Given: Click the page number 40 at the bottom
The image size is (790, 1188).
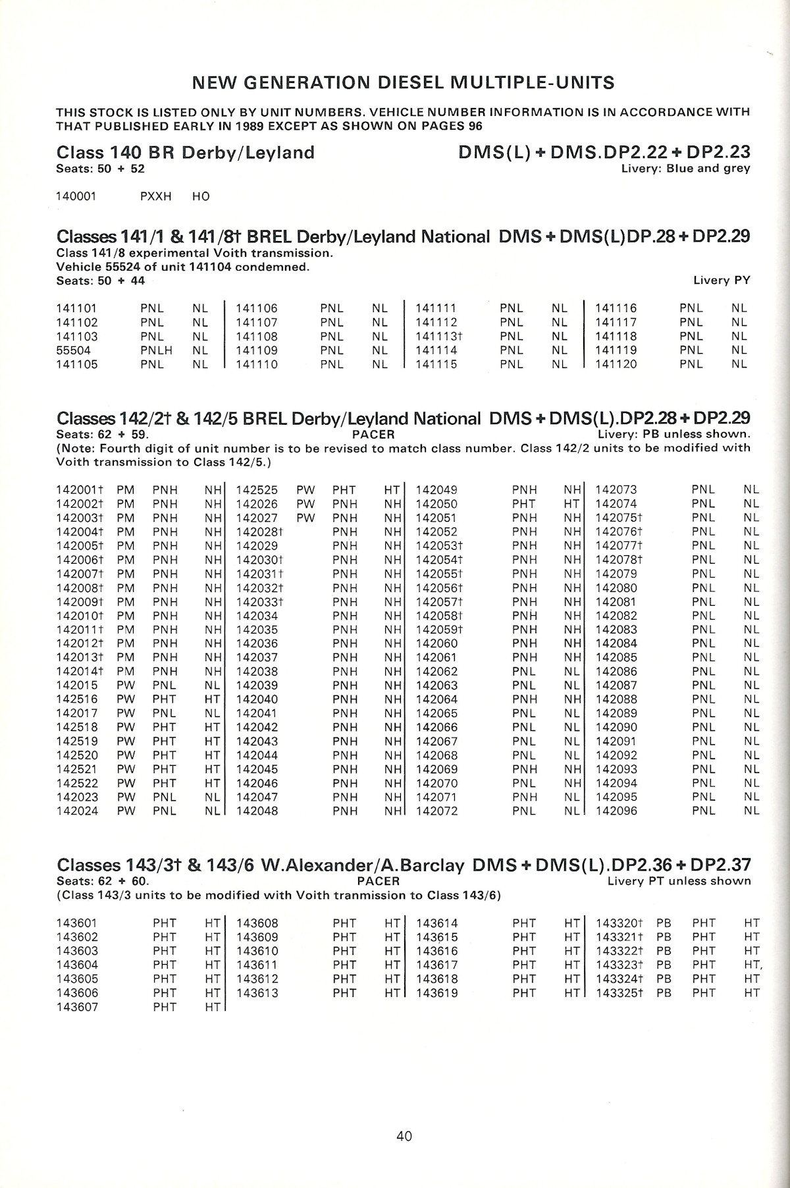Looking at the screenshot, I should (x=404, y=1135).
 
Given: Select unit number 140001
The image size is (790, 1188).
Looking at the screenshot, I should (x=76, y=196).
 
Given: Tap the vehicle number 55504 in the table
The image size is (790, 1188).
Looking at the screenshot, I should (x=74, y=350).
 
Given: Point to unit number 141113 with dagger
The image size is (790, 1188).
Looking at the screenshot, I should (x=439, y=337).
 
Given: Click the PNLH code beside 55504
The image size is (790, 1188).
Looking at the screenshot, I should (x=156, y=350).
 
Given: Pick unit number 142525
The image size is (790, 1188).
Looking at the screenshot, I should (x=257, y=490).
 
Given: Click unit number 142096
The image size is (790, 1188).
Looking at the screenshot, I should (x=616, y=811).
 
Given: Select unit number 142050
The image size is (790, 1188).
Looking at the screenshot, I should (x=436, y=504).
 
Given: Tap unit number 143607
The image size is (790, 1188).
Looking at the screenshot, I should (x=77, y=1007).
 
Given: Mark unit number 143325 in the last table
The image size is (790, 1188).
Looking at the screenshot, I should (x=619, y=993).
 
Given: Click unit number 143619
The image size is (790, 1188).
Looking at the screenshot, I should (x=436, y=993).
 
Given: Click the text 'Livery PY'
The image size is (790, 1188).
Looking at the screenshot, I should (x=722, y=281).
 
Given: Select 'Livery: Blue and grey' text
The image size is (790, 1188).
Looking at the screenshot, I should (x=685, y=169).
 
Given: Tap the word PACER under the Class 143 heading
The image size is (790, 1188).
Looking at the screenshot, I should (x=378, y=881).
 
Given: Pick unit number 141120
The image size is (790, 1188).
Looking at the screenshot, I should (x=616, y=364).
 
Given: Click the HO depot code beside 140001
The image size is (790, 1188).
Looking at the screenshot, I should (x=201, y=196).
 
